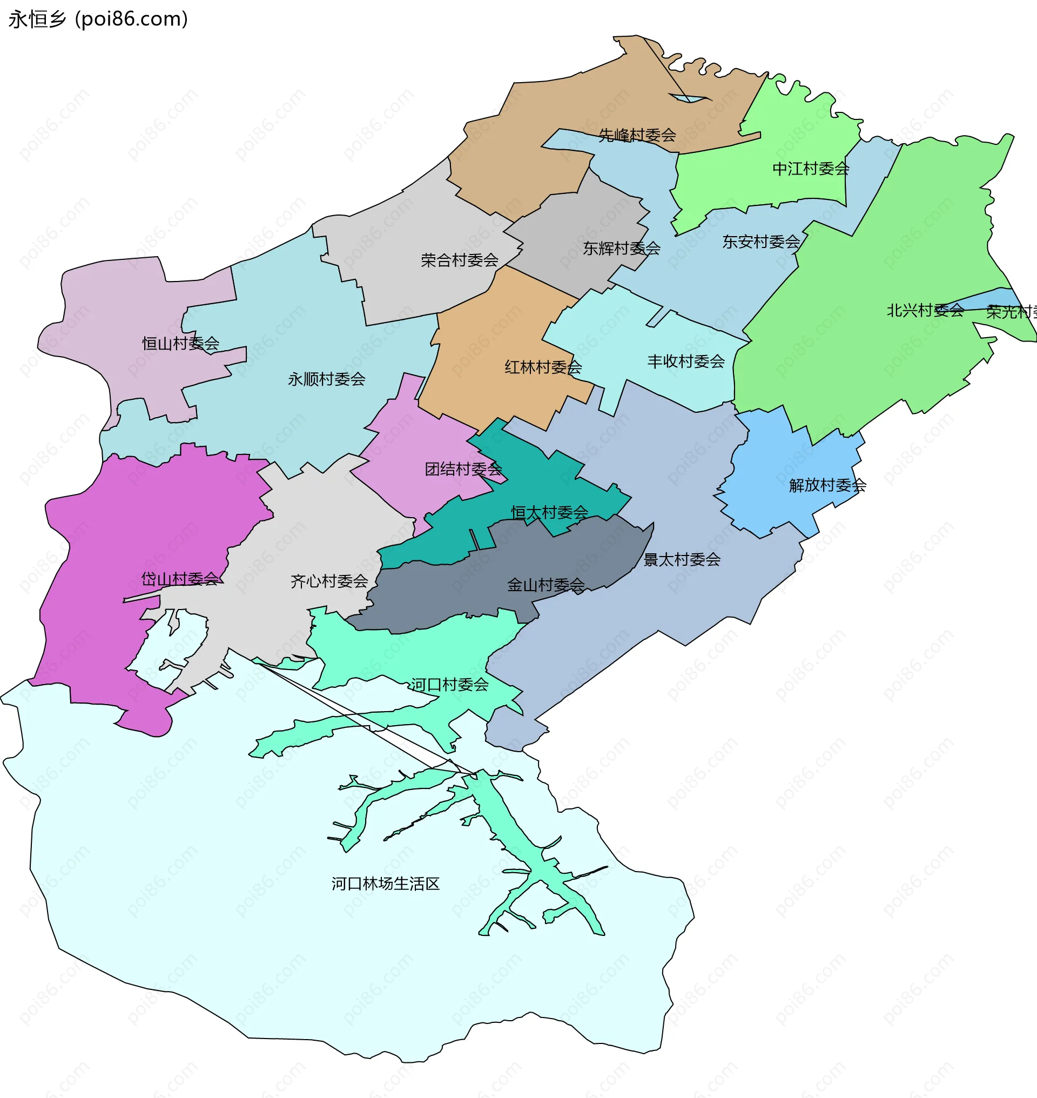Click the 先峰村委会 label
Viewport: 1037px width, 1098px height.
[x=637, y=135]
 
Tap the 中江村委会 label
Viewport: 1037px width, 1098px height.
[x=810, y=169]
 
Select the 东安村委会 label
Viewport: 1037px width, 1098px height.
[x=760, y=242]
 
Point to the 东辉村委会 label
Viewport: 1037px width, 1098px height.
[x=621, y=249]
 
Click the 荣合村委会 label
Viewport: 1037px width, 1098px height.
[x=459, y=260]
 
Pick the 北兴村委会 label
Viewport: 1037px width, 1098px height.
[x=925, y=310]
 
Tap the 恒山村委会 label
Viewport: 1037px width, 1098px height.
[x=181, y=344]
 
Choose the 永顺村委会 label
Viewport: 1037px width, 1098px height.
[x=326, y=379]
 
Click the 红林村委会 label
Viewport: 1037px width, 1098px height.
[x=543, y=367]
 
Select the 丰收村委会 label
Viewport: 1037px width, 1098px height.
[x=685, y=361]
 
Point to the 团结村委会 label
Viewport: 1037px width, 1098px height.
[x=463, y=469]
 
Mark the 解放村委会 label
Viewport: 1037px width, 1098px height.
[x=827, y=485]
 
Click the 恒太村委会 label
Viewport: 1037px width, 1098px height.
[x=549, y=512]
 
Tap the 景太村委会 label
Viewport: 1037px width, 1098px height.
[x=682, y=559]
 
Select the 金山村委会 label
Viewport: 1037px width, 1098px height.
[x=546, y=585]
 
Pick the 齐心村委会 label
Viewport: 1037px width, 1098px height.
[x=329, y=581]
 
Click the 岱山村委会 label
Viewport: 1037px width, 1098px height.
[x=180, y=579]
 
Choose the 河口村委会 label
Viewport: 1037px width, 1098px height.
[x=449, y=684]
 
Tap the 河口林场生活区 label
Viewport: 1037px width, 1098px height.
[x=385, y=883]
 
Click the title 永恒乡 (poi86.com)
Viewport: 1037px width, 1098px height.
[x=98, y=19]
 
